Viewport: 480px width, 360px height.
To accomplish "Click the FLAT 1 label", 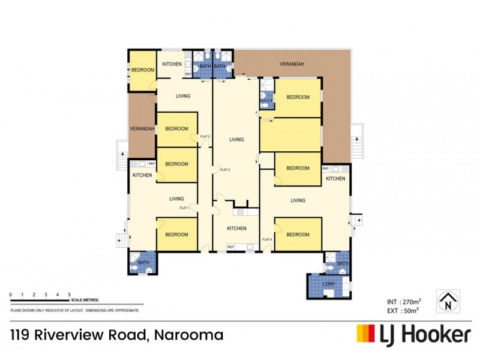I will (x=184, y=208).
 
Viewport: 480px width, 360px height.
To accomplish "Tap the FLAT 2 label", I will (x=205, y=137).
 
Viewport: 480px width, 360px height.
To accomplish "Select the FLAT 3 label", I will (x=225, y=170).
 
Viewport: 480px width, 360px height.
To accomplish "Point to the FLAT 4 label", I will (x=267, y=240).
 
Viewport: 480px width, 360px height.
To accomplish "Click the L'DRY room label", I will (x=329, y=283).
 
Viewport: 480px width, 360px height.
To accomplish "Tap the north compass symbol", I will (x=448, y=301).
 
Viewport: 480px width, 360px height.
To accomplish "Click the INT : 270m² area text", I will (x=403, y=301).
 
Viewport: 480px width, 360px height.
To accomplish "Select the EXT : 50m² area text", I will (x=403, y=310).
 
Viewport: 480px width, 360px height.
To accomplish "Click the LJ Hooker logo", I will (x=413, y=334).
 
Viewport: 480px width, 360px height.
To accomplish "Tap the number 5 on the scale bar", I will (x=70, y=294).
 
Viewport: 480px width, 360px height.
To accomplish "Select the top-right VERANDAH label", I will (x=292, y=64).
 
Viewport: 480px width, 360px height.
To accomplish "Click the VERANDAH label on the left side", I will (x=143, y=129).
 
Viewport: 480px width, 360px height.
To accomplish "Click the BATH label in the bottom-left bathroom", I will (x=143, y=262).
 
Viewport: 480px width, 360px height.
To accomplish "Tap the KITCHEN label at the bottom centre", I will (x=236, y=229).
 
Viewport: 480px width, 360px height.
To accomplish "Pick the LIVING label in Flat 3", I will (x=236, y=139).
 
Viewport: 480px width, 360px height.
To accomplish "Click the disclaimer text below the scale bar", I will (x=75, y=310).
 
